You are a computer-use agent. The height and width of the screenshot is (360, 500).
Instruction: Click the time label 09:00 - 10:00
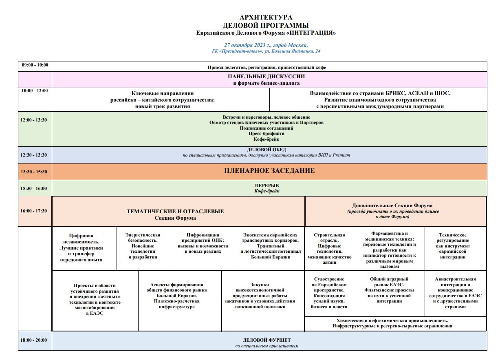pyautogui.click(x=35, y=65)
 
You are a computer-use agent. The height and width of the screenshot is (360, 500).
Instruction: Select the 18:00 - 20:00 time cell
pyautogui.click(x=35, y=340)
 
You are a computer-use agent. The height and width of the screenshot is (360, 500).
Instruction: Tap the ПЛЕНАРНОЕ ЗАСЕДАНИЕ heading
pyautogui.click(x=269, y=171)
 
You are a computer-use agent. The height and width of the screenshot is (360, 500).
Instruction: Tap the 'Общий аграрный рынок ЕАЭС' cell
pyautogui.click(x=389, y=290)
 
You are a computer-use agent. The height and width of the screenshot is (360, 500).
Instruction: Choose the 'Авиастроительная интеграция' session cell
pyautogui.click(x=455, y=293)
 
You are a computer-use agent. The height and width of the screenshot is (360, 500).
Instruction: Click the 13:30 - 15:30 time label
pyautogui.click(x=35, y=172)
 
